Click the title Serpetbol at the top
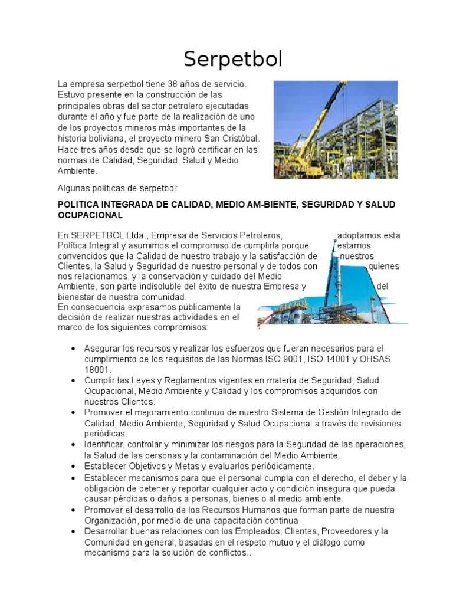pyautogui.click(x=233, y=59)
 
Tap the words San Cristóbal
pyautogui.click(x=234, y=139)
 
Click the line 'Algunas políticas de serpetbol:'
pyautogui.click(x=117, y=188)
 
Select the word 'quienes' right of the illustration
pyautogui.click(x=383, y=266)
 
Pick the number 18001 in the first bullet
pyautogui.click(x=98, y=369)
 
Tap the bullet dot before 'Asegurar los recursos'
pyautogui.click(x=73, y=349)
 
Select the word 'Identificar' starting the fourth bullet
pyautogui.click(x=104, y=444)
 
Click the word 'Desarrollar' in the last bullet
pyautogui.click(x=107, y=531)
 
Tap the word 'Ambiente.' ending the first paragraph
pyautogui.click(x=77, y=170)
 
